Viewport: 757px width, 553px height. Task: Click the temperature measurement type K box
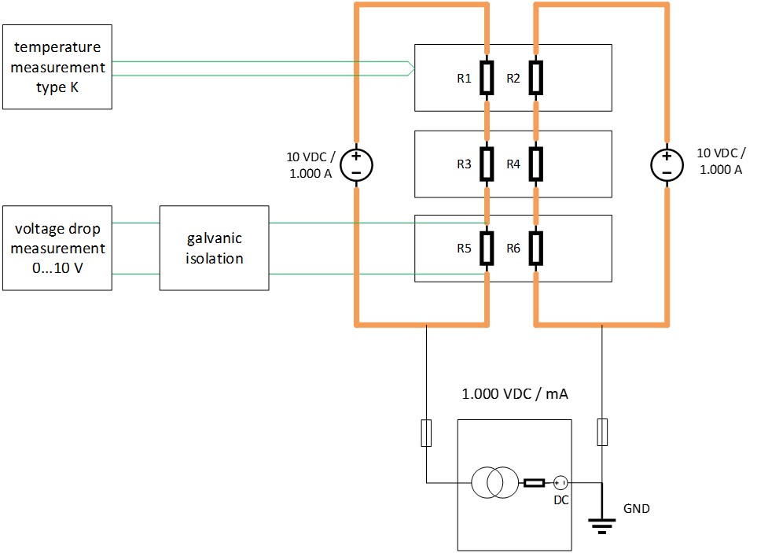click(x=57, y=68)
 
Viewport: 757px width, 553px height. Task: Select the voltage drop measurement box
click(x=57, y=249)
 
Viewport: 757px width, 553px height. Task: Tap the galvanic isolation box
click(x=214, y=249)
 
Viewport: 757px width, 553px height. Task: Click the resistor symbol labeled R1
click(x=487, y=78)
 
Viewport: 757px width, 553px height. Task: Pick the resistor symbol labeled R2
click(x=535, y=78)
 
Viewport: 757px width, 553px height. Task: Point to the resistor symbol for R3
click(x=487, y=164)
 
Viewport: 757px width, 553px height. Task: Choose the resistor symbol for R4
click(x=535, y=164)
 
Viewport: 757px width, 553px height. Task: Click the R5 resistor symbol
click(x=487, y=248)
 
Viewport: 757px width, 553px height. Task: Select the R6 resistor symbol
click(x=535, y=248)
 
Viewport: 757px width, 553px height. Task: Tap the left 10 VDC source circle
click(x=356, y=164)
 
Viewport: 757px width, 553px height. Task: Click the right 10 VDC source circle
click(x=667, y=164)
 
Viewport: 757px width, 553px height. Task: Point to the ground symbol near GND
click(x=601, y=524)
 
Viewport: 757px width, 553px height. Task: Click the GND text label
click(x=636, y=509)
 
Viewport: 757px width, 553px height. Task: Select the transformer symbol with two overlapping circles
click(x=494, y=482)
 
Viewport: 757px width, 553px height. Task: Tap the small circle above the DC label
click(x=560, y=482)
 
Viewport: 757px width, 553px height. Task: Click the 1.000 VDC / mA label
click(x=515, y=394)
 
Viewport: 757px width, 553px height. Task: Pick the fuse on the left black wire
click(x=426, y=433)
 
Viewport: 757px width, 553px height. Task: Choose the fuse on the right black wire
click(x=602, y=433)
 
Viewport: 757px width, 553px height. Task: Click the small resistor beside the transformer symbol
click(x=535, y=482)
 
